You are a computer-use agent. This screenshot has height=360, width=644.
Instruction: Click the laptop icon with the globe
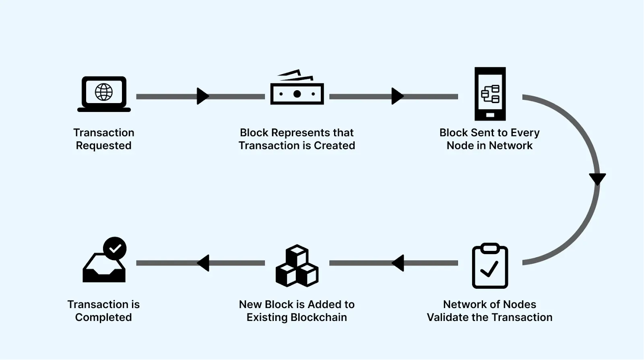tap(104, 94)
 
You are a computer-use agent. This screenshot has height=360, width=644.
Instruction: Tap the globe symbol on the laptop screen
tap(104, 92)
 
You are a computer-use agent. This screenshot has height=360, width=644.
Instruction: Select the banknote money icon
tap(297, 89)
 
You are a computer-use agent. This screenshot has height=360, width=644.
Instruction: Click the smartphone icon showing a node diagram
tap(490, 94)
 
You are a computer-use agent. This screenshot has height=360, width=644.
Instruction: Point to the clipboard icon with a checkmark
tap(490, 266)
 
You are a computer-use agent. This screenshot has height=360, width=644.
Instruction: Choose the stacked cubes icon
tap(297, 266)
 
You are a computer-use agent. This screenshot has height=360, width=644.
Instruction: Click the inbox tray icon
tap(104, 268)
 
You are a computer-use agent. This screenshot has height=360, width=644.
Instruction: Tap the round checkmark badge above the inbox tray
tap(115, 248)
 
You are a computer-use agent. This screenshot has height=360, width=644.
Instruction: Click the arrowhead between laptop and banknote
tap(202, 96)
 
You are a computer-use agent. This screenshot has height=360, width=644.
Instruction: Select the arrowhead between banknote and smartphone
tap(397, 96)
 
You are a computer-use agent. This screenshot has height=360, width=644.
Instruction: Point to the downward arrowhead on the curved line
tap(597, 178)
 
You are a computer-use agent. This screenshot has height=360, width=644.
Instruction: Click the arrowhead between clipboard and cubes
tap(398, 263)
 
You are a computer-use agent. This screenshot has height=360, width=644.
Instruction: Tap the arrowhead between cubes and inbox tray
tap(204, 263)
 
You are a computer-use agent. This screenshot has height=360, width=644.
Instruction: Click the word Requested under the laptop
tap(104, 146)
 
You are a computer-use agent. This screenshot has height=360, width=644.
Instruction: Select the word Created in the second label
tap(334, 146)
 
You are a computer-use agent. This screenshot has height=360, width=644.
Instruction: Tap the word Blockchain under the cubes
tap(319, 317)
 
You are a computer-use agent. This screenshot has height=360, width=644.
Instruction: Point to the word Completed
tap(103, 317)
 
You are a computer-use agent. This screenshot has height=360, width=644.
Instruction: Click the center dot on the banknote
tap(297, 94)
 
